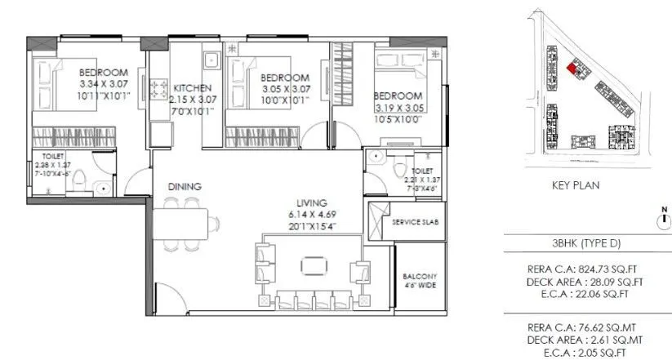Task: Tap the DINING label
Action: (185, 187)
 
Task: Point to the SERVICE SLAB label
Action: (416, 223)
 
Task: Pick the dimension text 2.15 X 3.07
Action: (194, 100)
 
